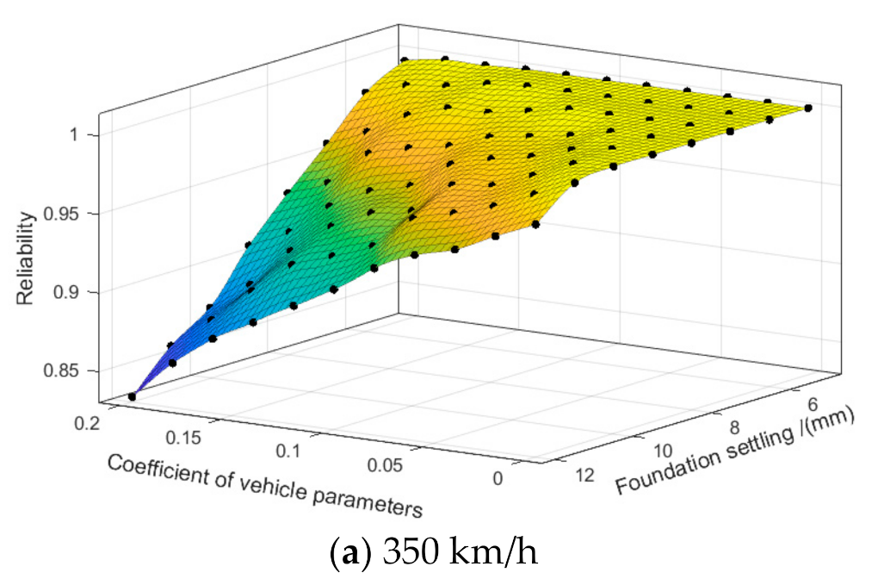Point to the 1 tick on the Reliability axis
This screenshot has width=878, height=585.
coord(81,134)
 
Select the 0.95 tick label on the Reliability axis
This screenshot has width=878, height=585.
coord(71,214)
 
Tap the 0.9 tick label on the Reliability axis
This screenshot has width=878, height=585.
coord(76,292)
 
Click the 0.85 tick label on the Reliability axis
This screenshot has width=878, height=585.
coord(71,371)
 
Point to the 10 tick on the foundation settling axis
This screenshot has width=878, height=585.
coord(665,449)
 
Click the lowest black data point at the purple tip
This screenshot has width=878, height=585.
coord(132,396)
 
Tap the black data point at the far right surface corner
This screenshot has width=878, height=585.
coord(808,108)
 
